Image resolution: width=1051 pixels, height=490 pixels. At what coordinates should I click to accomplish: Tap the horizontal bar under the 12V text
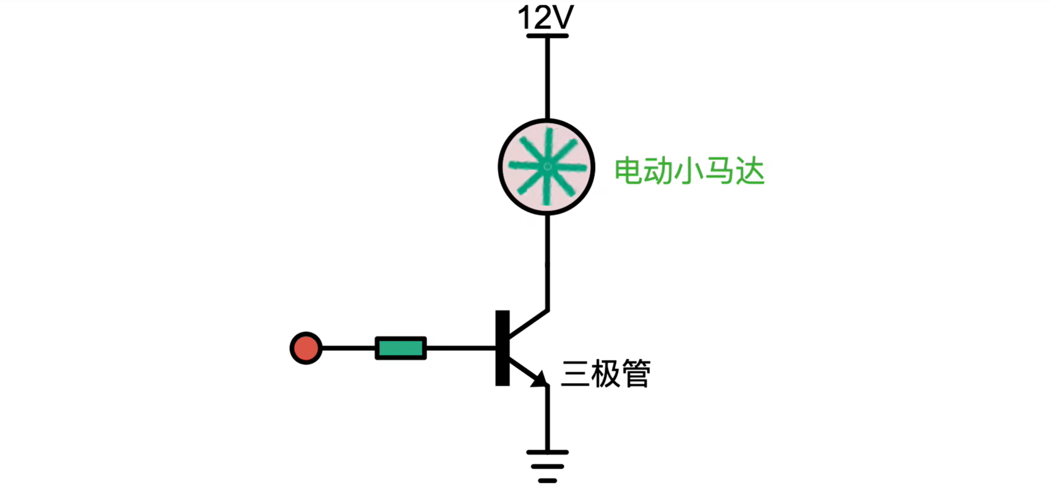(547, 36)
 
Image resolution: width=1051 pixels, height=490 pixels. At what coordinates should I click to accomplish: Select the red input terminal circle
(306, 348)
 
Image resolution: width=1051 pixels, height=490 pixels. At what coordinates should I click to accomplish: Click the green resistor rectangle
(401, 348)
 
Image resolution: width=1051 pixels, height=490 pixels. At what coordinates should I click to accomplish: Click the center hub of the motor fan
(547, 167)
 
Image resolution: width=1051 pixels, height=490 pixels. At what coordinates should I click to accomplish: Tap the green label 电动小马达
(689, 171)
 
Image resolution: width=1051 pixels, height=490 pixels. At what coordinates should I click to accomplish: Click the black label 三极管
(605, 374)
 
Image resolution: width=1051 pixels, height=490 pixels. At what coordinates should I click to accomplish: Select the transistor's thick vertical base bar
(502, 348)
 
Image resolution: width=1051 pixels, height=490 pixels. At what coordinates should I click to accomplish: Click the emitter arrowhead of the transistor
(539, 378)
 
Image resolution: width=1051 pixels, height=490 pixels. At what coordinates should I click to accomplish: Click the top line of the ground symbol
(547, 452)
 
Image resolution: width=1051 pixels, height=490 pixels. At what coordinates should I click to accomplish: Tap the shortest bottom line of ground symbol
(547, 480)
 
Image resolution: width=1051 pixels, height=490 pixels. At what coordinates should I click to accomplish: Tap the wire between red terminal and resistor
(348, 348)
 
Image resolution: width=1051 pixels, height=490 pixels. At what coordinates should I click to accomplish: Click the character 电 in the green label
(628, 171)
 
